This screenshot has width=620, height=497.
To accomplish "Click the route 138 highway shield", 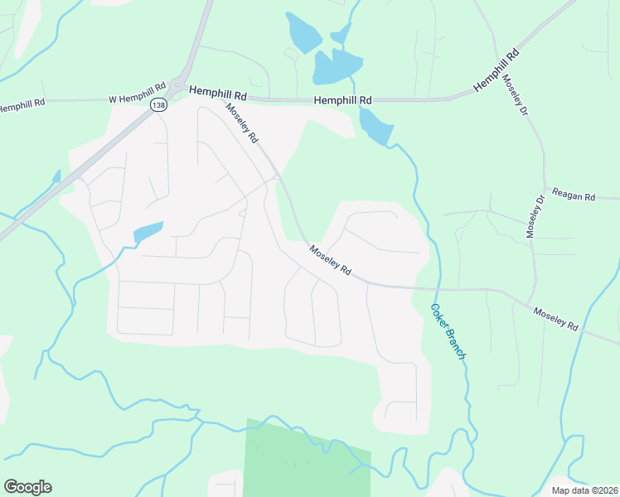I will (x=157, y=104).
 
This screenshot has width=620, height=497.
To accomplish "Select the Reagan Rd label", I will (x=579, y=197).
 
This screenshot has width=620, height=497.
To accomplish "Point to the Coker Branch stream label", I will (x=448, y=331).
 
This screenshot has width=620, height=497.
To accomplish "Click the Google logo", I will (x=27, y=486).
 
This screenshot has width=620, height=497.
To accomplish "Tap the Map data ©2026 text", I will (x=584, y=490).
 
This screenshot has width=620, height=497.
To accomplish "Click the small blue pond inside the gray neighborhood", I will (x=148, y=232).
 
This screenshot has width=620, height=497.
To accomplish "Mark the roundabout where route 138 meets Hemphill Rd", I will (x=177, y=84).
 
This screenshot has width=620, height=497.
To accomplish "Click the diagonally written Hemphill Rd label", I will (x=496, y=70).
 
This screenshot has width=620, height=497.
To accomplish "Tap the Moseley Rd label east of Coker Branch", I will (x=555, y=319).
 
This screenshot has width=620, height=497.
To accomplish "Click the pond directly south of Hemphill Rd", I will (x=375, y=127).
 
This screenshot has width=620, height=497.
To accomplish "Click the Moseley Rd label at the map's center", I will (x=331, y=261).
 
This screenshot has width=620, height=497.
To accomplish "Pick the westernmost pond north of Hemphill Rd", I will (x=302, y=33).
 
